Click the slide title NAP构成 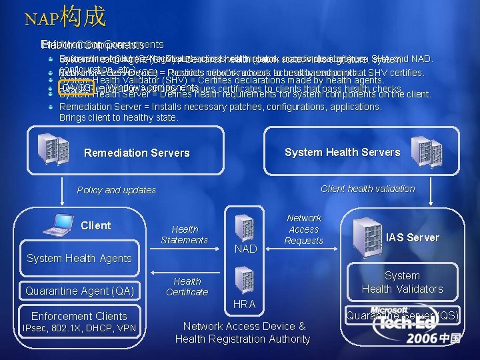pos(65,17)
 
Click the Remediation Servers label pos(137,153)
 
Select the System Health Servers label pos(342,152)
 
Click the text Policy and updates pos(117,190)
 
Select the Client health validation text pos(367,189)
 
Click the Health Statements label pos(185,234)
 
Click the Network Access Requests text pos(303,229)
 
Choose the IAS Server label pos(413,237)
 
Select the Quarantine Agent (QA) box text pos(79,290)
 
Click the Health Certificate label pos(187,287)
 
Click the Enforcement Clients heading pos(79,316)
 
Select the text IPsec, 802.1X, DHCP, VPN pos(79,328)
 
